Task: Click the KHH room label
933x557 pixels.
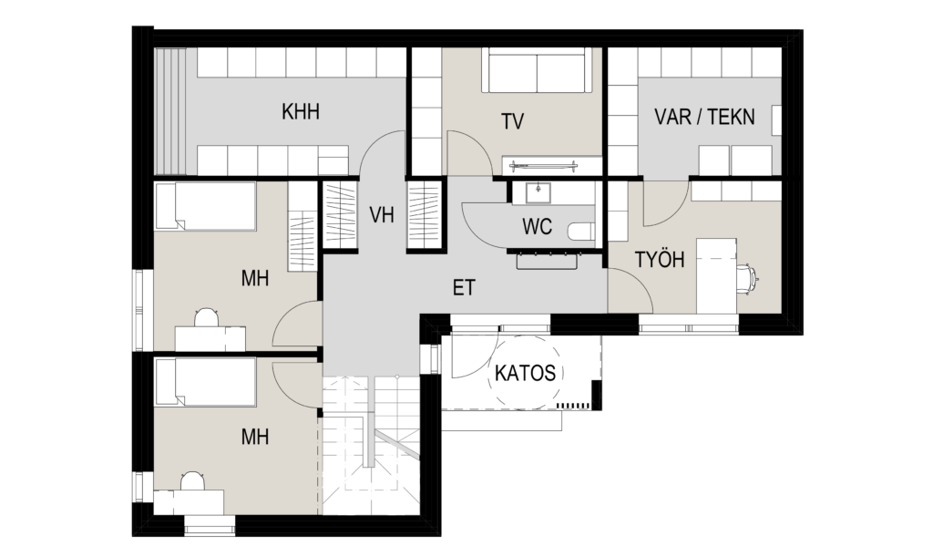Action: (x=301, y=111)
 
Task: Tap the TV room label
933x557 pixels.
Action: (x=512, y=121)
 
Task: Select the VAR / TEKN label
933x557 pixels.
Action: (x=704, y=117)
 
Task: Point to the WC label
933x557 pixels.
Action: (x=537, y=226)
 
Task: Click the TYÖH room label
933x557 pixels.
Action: (x=660, y=260)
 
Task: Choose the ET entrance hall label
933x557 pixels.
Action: (x=464, y=288)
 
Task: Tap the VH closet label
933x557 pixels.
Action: (x=382, y=214)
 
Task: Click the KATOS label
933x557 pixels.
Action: (x=526, y=373)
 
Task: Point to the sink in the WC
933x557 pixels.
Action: (x=538, y=193)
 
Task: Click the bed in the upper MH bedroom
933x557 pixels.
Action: (x=205, y=206)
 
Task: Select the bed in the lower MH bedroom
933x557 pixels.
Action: (x=205, y=381)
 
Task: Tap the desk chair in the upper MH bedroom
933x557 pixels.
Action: (x=206, y=317)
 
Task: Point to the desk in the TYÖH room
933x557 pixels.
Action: (x=717, y=275)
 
